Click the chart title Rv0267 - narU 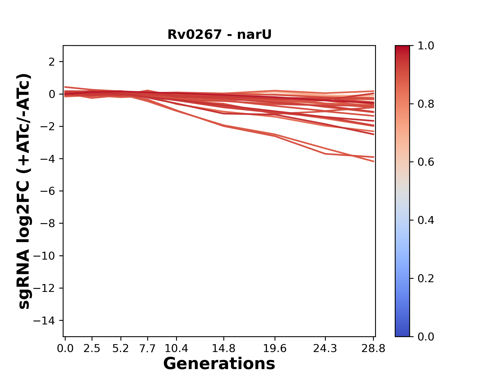click(x=219, y=35)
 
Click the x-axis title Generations click(x=219, y=364)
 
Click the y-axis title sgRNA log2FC click(x=24, y=191)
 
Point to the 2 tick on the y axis click(x=52, y=62)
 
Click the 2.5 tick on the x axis click(x=92, y=349)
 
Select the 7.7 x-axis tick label click(x=148, y=349)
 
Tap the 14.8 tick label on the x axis click(x=223, y=349)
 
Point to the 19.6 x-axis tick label click(x=275, y=349)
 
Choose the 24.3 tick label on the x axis click(x=325, y=349)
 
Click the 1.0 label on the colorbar click(x=426, y=46)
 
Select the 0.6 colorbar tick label click(x=426, y=162)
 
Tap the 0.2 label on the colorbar click(x=426, y=279)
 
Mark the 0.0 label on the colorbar click(x=426, y=337)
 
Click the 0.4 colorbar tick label click(x=426, y=220)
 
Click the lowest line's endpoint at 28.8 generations click(x=374, y=161)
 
